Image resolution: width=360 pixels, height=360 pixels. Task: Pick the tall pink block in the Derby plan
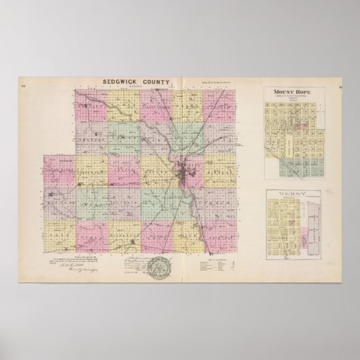313,231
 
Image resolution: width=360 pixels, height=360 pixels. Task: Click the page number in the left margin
42,84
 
